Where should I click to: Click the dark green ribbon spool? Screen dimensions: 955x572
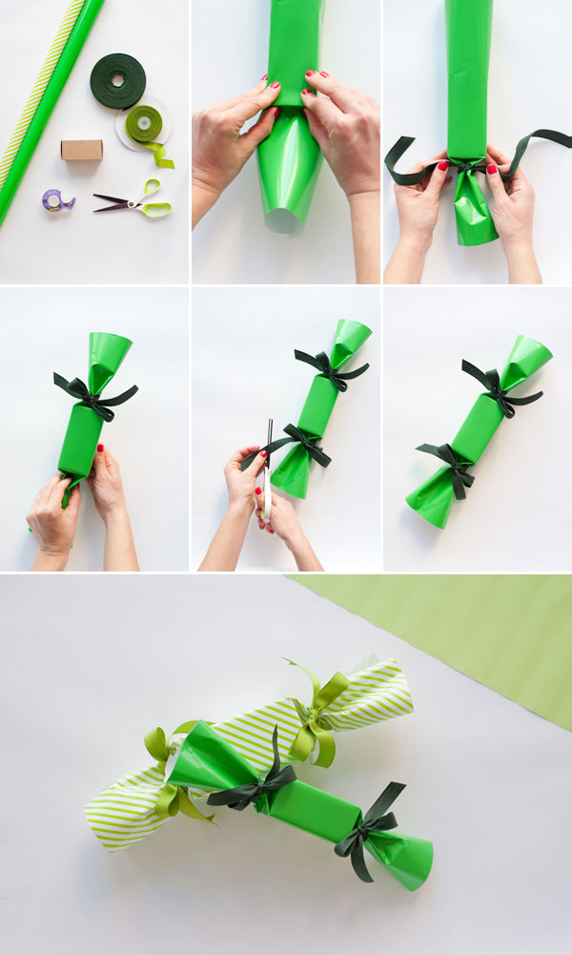tap(118, 80)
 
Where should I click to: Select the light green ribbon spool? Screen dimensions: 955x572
tap(144, 124)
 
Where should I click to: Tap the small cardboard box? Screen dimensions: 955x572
tap(81, 150)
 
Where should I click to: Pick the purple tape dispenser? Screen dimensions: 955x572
tap(57, 200)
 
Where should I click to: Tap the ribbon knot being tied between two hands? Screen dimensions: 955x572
tap(467, 165)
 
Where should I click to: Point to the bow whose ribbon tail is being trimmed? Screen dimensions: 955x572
tap(303, 444)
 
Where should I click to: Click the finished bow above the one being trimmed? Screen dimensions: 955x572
tap(329, 367)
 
